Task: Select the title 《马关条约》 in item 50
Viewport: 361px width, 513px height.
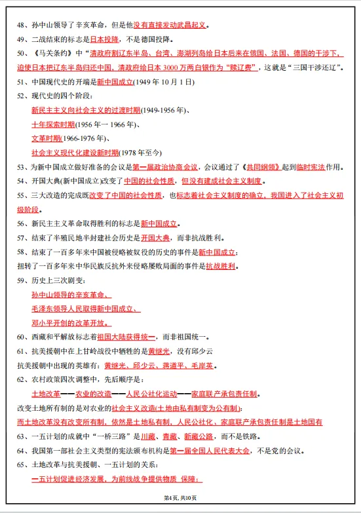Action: tap(50, 53)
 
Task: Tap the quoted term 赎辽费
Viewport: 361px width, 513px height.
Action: tap(244, 67)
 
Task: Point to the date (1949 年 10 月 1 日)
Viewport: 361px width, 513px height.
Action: tap(164, 82)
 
